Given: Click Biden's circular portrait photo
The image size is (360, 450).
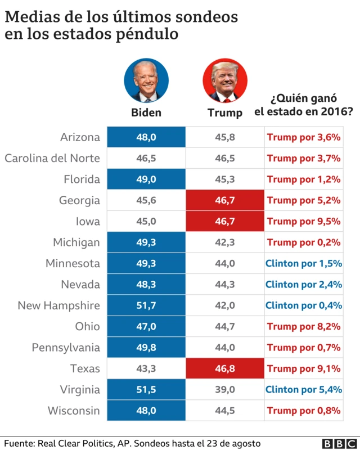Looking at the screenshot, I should point(146,80).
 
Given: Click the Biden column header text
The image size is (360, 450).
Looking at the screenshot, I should point(146,112).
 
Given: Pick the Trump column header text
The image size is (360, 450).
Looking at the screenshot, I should point(225,112).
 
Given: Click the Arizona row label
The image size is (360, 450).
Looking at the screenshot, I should point(80,137).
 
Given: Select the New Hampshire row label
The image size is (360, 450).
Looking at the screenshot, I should point(59,305).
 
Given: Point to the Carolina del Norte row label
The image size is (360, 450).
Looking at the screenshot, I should point(52,158).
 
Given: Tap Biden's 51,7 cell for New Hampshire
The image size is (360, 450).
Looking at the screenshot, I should point(146,305).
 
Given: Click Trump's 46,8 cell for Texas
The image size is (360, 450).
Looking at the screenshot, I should point(225,369).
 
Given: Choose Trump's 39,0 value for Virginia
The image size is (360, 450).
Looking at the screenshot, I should point(225,390).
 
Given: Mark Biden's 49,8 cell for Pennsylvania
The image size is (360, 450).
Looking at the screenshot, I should point(146,348).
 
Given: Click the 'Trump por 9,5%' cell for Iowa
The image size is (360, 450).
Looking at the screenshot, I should point(304,221).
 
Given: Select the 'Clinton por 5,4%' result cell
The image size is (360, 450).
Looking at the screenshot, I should point(304,390).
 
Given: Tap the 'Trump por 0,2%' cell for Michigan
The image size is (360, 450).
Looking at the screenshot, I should point(304,242).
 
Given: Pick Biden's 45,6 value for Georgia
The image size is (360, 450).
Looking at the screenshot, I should point(146,200).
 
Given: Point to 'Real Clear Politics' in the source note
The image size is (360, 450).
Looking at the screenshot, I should point(79,443).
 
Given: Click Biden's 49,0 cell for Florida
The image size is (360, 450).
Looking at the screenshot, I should point(146,179).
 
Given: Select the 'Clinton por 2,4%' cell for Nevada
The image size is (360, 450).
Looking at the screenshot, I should point(304,285).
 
